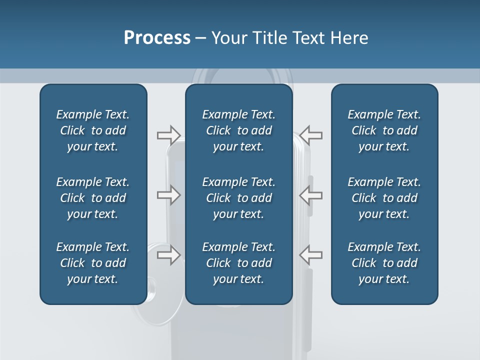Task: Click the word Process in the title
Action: click(157, 38)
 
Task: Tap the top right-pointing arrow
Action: click(168, 135)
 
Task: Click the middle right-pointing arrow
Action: click(168, 195)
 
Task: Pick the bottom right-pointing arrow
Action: click(168, 254)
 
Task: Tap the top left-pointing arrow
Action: click(311, 135)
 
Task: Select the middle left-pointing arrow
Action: click(311, 195)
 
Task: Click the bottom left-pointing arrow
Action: click(311, 254)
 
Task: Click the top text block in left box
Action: click(93, 130)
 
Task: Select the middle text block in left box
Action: click(93, 198)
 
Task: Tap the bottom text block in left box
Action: click(93, 263)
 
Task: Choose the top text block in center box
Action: click(238, 130)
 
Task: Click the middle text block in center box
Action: click(238, 198)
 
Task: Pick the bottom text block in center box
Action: click(238, 263)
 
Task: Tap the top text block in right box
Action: click(384, 130)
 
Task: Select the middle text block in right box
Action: click(384, 198)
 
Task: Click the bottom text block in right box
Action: click(384, 263)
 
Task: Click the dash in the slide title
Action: click(201, 38)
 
